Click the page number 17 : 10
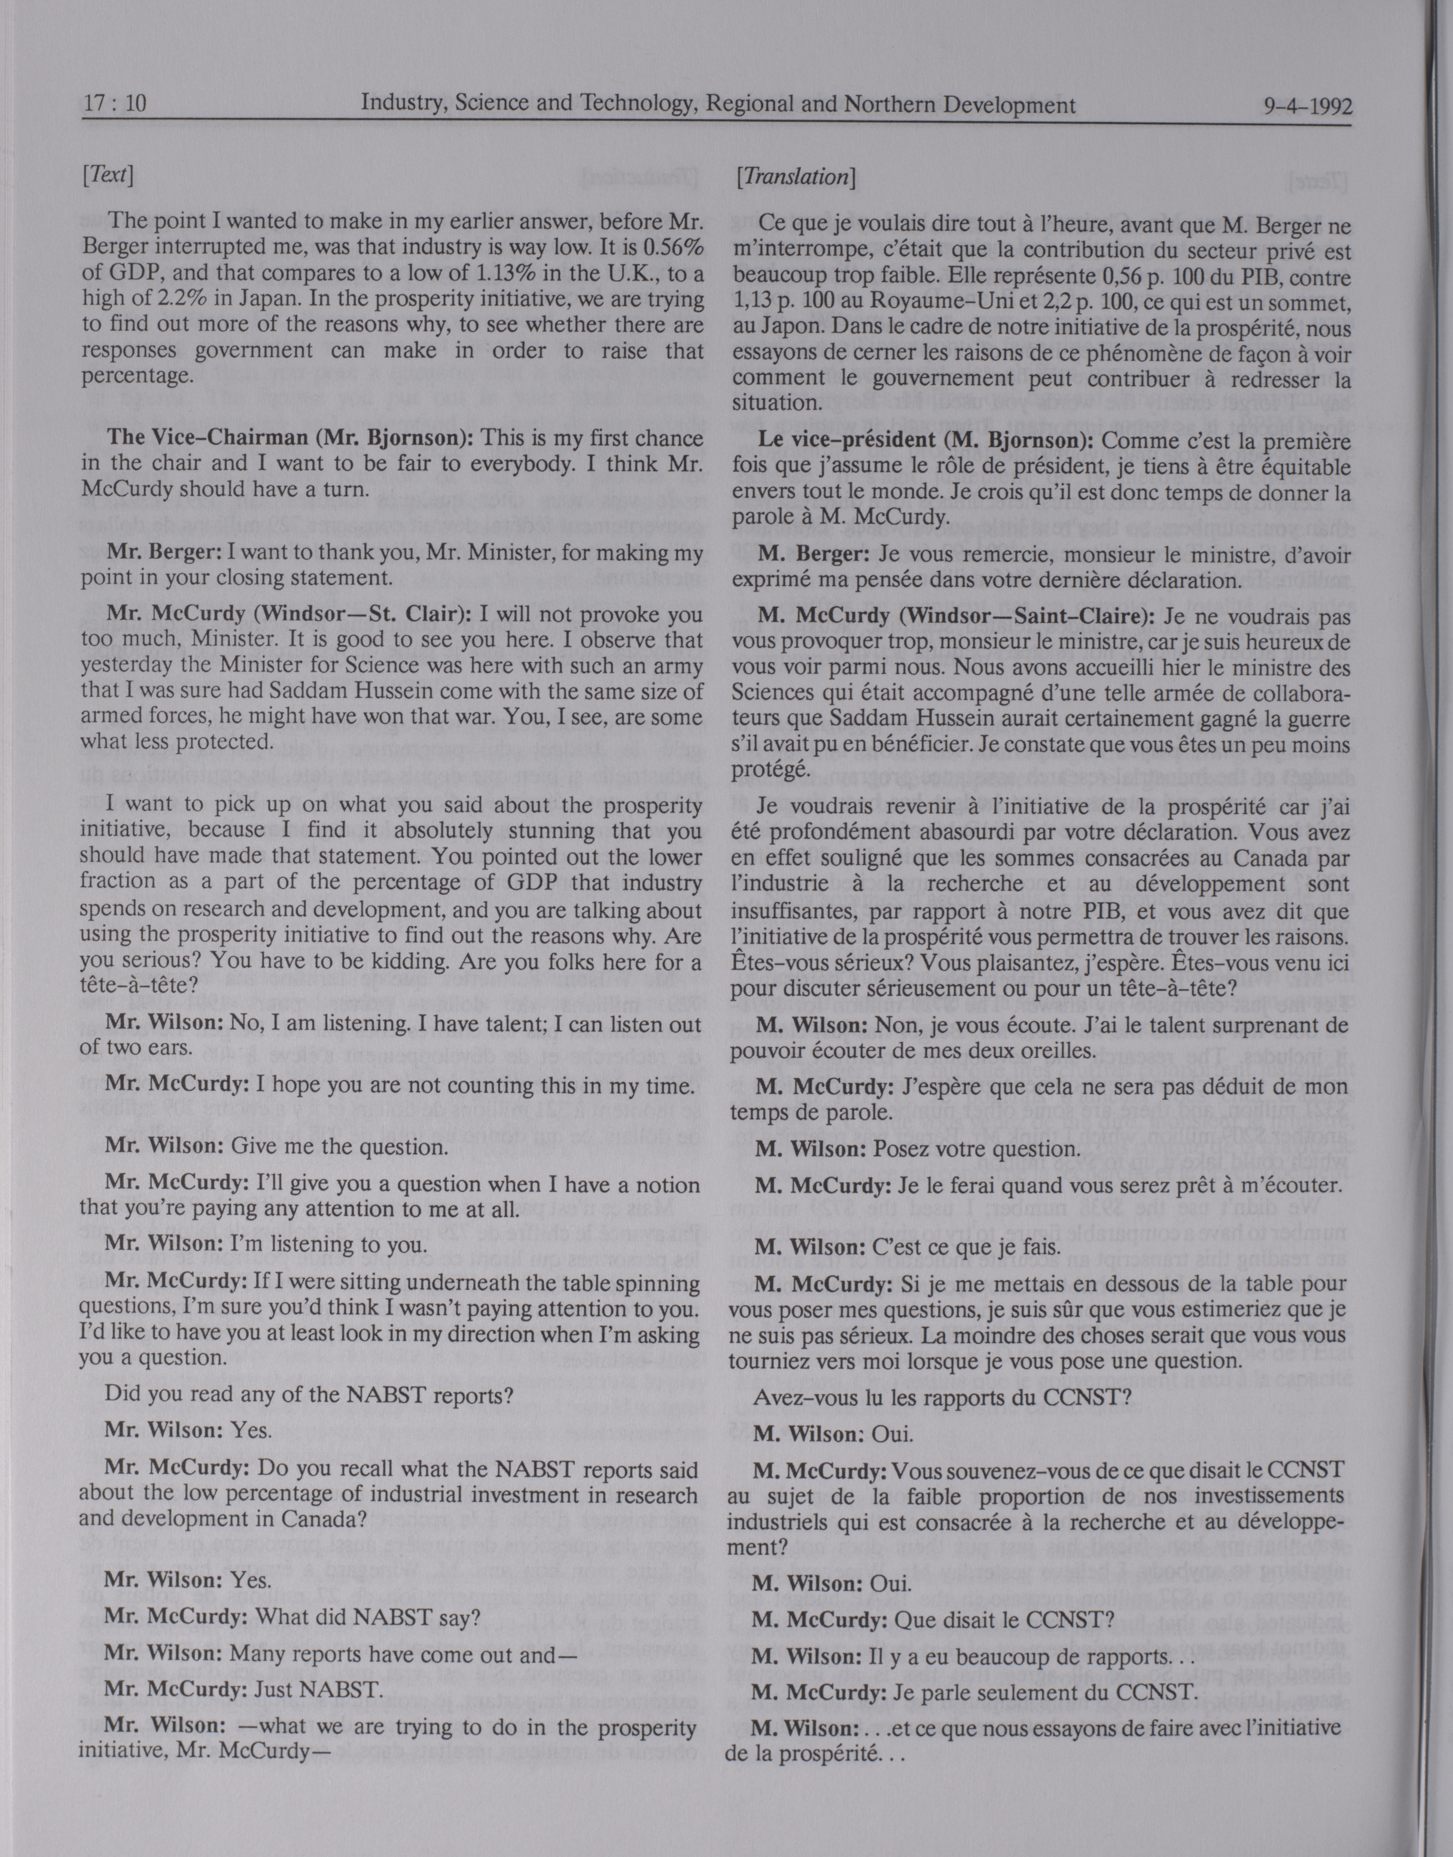coord(115,105)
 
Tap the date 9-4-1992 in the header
coord(1308,107)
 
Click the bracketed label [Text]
coord(108,175)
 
